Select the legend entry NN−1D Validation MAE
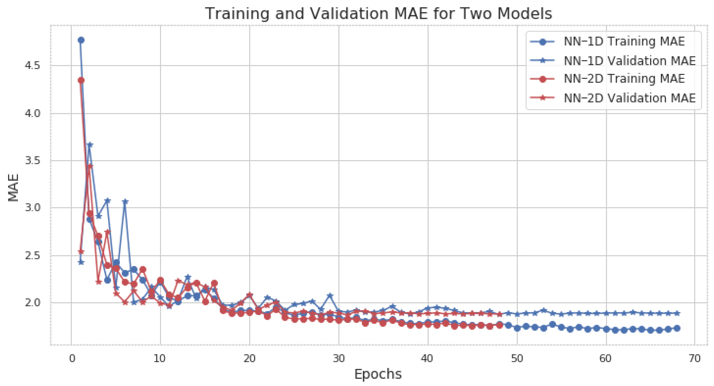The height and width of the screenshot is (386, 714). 629,61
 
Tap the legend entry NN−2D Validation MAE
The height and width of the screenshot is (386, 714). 629,98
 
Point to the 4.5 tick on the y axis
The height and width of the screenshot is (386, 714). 32,66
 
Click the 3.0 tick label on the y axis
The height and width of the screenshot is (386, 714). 32,208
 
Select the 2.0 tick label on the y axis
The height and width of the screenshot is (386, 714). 32,303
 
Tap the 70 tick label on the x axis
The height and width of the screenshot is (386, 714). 695,358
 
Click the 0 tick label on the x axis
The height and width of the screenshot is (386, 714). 72,358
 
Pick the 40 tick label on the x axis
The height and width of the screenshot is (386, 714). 427,358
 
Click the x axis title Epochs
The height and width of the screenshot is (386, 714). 378,374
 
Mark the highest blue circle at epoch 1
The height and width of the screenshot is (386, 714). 81,40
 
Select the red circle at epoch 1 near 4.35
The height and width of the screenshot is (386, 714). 81,80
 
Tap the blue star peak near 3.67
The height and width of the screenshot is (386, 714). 90,145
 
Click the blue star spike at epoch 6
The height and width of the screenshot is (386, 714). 125,201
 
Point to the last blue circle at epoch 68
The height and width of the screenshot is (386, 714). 677,328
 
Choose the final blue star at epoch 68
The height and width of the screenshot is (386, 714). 677,313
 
